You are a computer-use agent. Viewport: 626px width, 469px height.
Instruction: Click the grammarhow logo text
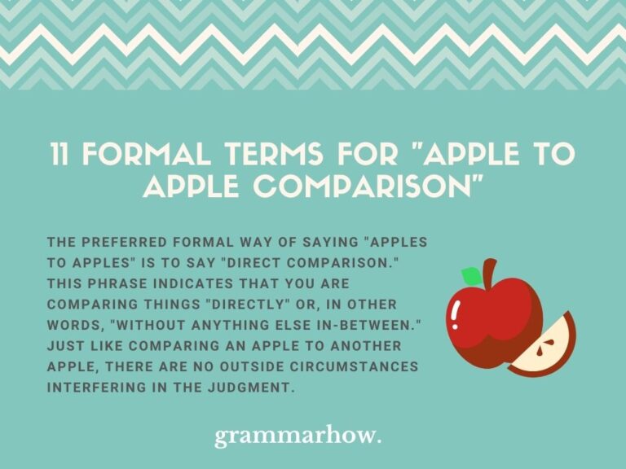298,436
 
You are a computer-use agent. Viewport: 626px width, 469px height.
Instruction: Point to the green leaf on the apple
471,276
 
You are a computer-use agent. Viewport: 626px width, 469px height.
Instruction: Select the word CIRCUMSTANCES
355,366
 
